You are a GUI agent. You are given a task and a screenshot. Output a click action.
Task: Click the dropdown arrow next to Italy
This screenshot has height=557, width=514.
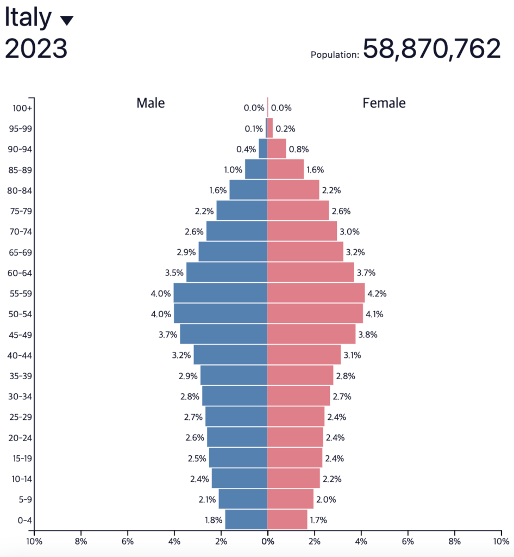(x=67, y=21)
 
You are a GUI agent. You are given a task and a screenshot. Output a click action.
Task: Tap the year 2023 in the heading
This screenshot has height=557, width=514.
(x=36, y=49)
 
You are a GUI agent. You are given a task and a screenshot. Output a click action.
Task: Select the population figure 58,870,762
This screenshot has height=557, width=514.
(x=431, y=49)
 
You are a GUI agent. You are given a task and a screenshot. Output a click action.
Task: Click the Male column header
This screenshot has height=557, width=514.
(x=151, y=103)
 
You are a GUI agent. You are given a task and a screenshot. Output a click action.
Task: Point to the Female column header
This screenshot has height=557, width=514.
(x=384, y=103)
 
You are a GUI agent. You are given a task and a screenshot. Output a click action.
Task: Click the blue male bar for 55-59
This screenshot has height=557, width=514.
(x=220, y=293)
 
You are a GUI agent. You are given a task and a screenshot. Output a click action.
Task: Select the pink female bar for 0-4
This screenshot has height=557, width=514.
(x=287, y=519)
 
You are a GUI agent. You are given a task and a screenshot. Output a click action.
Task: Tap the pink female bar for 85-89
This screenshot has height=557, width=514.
(x=285, y=170)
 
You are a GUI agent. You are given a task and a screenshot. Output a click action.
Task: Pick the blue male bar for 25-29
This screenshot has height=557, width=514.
(x=236, y=417)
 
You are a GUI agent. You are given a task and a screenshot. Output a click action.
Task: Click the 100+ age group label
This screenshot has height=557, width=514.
(x=22, y=108)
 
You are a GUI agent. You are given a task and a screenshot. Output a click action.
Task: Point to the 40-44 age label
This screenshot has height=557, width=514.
(x=20, y=355)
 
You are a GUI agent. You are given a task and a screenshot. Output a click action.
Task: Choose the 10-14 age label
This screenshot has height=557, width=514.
(x=20, y=479)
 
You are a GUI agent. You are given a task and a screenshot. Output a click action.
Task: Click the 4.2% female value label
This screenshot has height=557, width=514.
(x=377, y=294)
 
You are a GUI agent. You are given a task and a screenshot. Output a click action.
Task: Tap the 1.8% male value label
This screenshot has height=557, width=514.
(x=214, y=520)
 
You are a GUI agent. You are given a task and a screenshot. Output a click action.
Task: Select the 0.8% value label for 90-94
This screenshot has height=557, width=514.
(x=299, y=149)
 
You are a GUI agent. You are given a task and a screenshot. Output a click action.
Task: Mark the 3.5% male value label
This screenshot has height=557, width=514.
(x=174, y=273)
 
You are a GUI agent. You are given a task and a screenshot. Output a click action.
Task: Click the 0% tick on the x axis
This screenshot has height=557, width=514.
(x=267, y=541)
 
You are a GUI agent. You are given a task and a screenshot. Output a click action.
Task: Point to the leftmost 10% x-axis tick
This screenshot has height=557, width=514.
(x=34, y=541)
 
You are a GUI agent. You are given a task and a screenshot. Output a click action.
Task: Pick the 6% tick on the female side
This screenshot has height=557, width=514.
(x=408, y=541)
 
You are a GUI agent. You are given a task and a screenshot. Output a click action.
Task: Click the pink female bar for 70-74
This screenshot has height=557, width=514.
(x=302, y=232)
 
